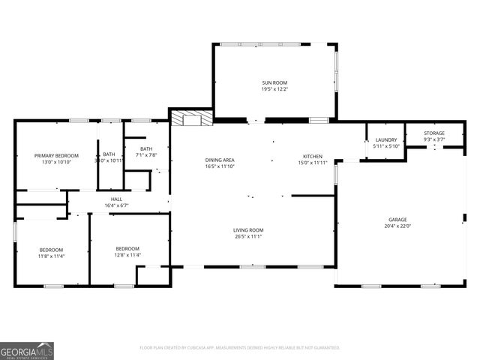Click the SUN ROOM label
coord(274,82)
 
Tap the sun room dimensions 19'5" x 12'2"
coord(274,89)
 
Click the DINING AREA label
coord(220,160)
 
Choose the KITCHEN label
coord(312,156)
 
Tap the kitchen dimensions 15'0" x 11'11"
coord(312,163)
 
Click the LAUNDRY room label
coord(385,139)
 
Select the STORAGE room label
coord(433,133)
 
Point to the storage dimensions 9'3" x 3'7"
coord(433,139)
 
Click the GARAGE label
coord(397,219)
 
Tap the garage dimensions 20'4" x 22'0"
coord(397,226)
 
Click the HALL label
coord(116,199)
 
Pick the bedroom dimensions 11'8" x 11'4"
coord(52,256)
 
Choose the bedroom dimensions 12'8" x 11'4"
coord(127,255)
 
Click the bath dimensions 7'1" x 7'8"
coord(145,155)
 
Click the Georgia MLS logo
coord(27,350)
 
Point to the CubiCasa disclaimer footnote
coord(240,348)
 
